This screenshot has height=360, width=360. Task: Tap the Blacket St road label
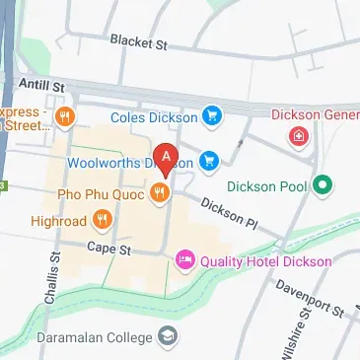click(x=140, y=43)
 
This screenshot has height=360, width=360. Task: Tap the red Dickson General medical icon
click(x=296, y=138)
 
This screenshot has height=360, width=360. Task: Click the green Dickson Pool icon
click(x=321, y=185)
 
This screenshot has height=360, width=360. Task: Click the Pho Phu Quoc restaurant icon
click(x=158, y=194)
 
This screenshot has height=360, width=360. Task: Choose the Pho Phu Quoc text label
click(x=101, y=194)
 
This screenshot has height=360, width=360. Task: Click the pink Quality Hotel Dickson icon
click(x=183, y=261)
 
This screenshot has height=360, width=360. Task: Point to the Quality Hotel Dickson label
click(x=264, y=261)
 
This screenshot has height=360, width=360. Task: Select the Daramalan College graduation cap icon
click(x=170, y=337)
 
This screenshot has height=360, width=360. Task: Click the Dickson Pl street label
click(x=227, y=210)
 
